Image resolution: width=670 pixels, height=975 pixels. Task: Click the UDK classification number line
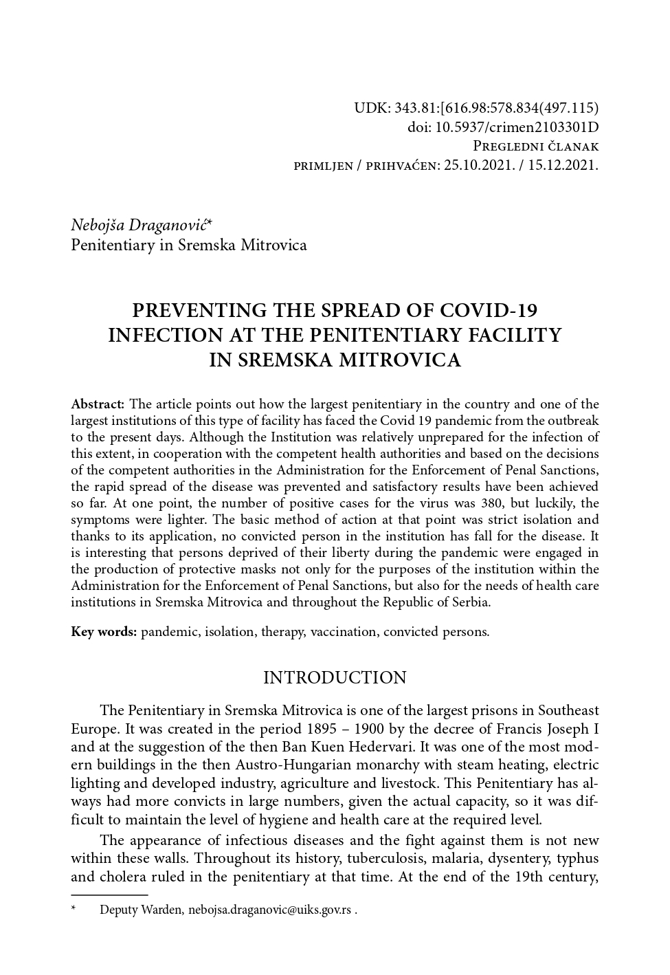click(476, 108)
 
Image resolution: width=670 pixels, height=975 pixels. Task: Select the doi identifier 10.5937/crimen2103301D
click(517, 127)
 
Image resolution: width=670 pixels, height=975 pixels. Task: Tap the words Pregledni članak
click(536, 146)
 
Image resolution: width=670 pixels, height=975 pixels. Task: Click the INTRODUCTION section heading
click(335, 678)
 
